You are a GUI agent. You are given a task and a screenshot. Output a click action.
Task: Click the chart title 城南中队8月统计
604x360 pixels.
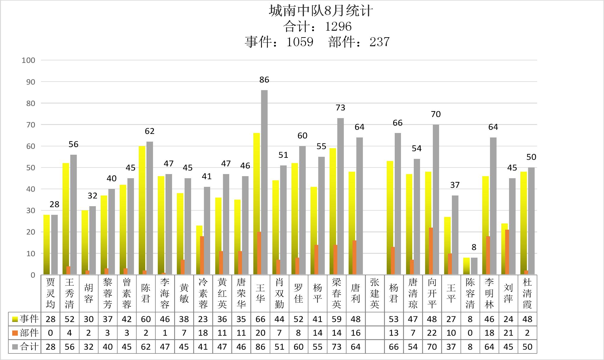(321, 11)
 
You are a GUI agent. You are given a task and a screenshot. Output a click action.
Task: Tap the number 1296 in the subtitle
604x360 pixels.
(338, 27)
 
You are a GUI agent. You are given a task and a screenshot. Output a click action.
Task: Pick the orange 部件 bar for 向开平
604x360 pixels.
(431, 251)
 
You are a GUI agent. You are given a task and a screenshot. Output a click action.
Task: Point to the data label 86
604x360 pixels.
(264, 80)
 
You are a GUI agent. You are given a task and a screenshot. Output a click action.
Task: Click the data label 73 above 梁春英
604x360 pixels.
(340, 108)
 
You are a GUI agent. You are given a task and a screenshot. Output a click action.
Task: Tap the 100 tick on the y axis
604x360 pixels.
(28, 60)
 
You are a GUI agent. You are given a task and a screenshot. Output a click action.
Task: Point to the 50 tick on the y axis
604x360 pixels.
(30, 168)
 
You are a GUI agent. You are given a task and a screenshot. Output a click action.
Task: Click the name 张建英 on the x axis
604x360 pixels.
(374, 293)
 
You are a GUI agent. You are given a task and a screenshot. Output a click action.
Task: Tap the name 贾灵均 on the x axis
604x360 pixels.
(51, 293)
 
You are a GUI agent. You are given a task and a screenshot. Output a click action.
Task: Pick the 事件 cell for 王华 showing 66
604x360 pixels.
(260, 319)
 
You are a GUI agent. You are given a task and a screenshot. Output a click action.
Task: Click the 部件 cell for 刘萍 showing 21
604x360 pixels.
(508, 333)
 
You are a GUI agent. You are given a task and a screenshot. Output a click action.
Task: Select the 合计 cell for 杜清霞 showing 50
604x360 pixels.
(527, 347)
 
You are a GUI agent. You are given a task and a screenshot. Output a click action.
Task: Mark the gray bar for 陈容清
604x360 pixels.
(474, 266)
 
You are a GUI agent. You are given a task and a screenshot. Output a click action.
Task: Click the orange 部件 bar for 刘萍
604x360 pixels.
(507, 252)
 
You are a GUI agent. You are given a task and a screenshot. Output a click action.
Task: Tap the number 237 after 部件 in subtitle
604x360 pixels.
(380, 42)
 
